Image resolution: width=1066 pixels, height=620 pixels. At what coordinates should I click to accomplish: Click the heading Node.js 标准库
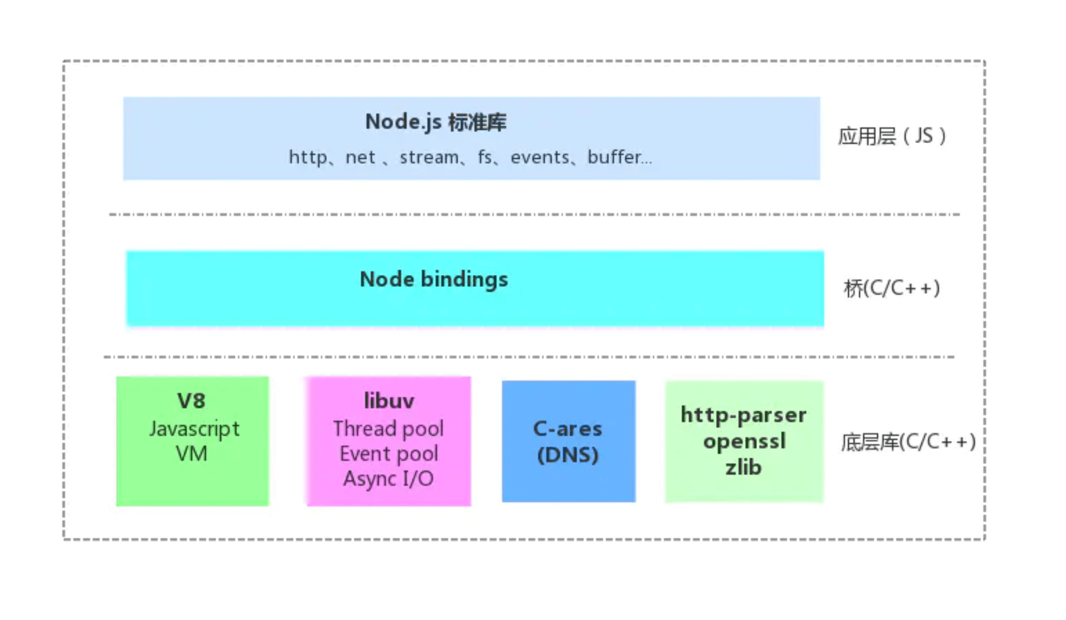tap(436, 122)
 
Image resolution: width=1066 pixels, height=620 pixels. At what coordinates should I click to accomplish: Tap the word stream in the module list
tap(429, 157)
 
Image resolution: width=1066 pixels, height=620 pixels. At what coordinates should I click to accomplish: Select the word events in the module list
tap(540, 157)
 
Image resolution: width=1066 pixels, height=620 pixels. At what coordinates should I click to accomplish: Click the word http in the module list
tap(308, 157)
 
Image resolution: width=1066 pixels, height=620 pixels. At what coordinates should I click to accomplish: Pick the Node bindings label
tap(434, 280)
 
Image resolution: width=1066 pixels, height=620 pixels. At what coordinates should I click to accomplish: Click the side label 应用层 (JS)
tap(892, 136)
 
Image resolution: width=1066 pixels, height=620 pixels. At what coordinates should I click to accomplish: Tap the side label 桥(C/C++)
tap(892, 288)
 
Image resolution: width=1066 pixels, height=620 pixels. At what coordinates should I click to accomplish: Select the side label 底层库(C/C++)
tap(908, 442)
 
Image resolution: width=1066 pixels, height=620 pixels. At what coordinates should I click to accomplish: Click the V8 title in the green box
tap(191, 401)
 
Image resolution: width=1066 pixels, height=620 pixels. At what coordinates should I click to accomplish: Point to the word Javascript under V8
tap(194, 429)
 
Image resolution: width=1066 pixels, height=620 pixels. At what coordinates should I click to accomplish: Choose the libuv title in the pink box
tap(389, 401)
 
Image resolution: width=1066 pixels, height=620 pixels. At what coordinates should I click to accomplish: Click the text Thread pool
tap(388, 429)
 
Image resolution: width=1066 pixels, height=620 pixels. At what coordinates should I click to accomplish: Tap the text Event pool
tap(389, 454)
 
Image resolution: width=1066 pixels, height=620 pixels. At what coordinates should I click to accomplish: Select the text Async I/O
tap(388, 479)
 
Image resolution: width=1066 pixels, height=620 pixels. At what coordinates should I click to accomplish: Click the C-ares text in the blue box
tap(567, 429)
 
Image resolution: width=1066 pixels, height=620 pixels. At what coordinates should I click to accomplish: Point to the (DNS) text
tap(567, 455)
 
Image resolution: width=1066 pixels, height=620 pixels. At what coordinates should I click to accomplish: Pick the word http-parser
tap(744, 415)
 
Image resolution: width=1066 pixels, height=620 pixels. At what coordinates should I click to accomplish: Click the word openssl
tap(744, 442)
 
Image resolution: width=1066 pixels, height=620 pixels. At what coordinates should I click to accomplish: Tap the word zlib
tap(743, 467)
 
